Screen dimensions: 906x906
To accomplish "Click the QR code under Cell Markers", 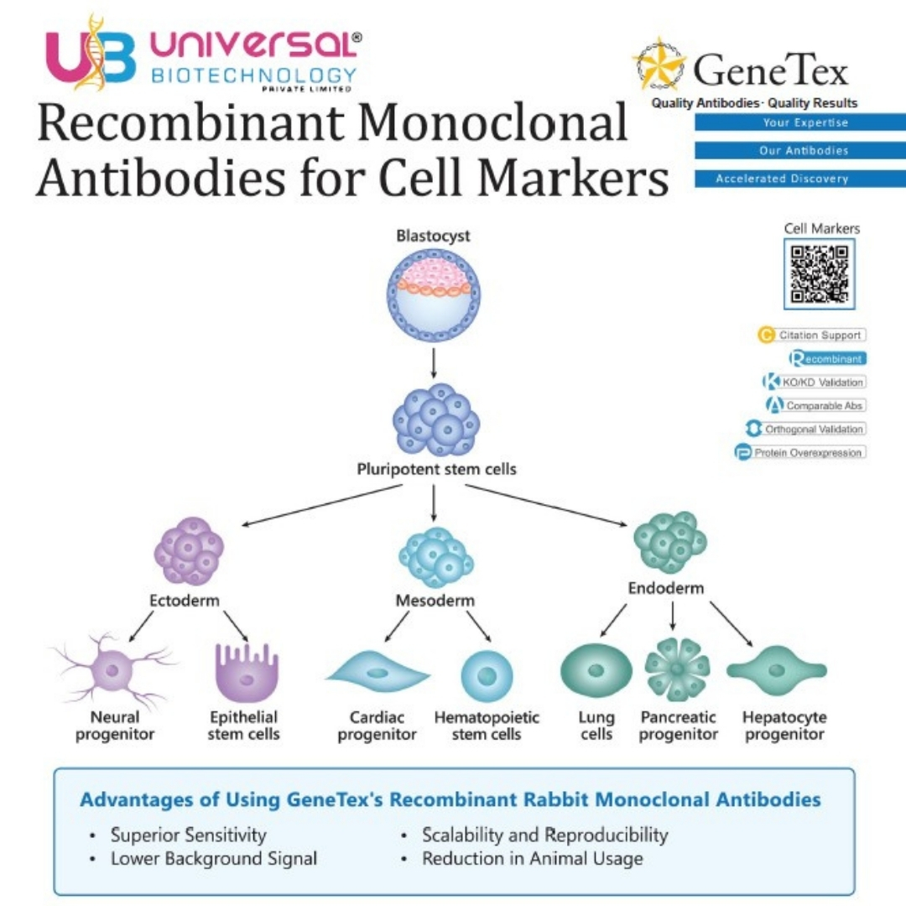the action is pos(820,273).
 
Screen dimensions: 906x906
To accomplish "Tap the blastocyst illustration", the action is pos(434,294).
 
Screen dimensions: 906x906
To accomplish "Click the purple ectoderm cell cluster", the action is pos(189,550).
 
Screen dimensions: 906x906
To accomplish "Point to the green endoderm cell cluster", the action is pos(669,541).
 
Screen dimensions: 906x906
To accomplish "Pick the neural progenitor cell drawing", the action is pos(113,670).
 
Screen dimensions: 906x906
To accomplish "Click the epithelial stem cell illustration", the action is pos(247,673).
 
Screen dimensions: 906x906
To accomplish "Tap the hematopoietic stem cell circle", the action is pos(487,676).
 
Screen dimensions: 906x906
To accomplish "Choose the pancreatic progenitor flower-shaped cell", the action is pos(677,669).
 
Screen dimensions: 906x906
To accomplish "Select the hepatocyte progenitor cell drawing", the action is pos(777,671).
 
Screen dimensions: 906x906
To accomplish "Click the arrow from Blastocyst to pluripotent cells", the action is pos(434,363).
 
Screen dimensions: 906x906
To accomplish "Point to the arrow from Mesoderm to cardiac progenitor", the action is pos(397,627).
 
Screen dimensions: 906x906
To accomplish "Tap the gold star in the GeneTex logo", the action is pos(659,65).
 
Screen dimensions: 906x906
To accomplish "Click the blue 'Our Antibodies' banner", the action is pos(800,150).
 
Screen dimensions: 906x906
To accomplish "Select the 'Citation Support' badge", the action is pos(812,335).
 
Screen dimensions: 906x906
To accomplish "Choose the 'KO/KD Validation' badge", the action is pos(815,382).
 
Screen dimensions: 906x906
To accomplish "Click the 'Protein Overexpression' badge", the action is pos(800,452).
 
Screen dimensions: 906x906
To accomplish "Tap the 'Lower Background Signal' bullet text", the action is pos(214,859).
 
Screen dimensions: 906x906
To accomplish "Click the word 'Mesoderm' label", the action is pos(435,601).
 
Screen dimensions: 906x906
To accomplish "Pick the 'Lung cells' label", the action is pos(596,726).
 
